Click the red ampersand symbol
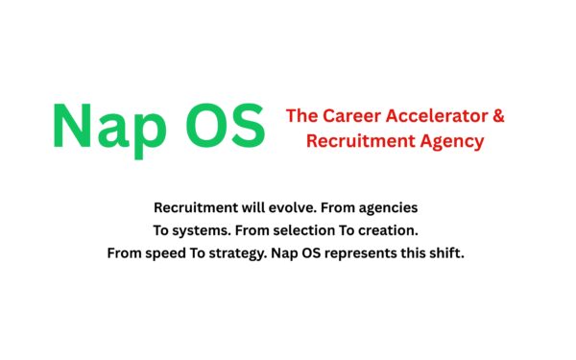point(497,116)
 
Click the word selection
point(302,230)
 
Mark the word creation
point(390,230)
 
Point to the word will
point(253,207)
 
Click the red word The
point(302,116)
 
